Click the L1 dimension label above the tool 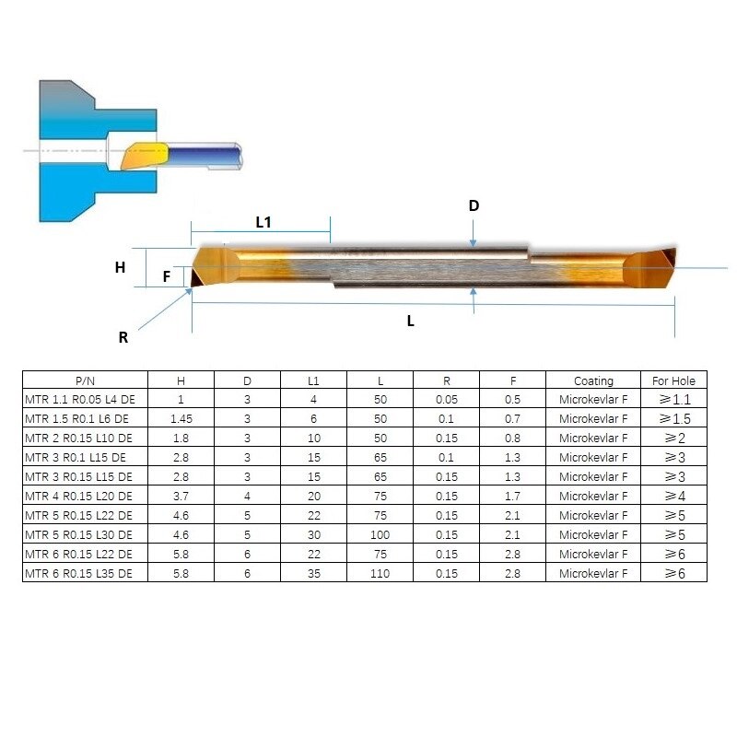tap(263, 222)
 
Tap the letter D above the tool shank tap(474, 205)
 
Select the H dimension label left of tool tap(120, 268)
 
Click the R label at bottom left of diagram tap(123, 337)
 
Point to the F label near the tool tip tap(167, 275)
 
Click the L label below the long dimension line tap(411, 321)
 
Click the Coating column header tap(593, 380)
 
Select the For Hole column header tap(673, 380)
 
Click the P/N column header tap(85, 380)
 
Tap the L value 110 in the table tap(380, 573)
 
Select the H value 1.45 tap(181, 419)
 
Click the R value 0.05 tap(446, 400)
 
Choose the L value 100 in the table tap(380, 534)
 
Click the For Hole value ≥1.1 tap(673, 400)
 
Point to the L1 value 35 tap(313, 573)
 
